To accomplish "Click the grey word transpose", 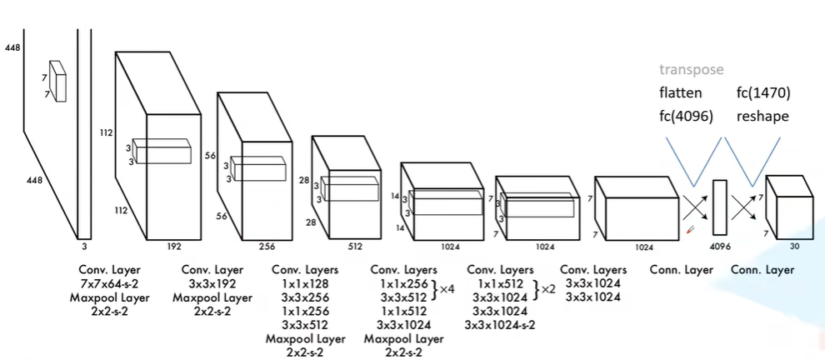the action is pyautogui.click(x=692, y=69).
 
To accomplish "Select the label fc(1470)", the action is pyautogui.click(x=762, y=93).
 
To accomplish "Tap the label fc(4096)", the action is pyautogui.click(x=686, y=117).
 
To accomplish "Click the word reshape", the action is pyautogui.click(x=762, y=117).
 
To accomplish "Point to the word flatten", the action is pyautogui.click(x=680, y=93).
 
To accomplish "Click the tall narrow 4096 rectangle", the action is pyautogui.click(x=720, y=207).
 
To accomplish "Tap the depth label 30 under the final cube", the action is pyautogui.click(x=794, y=245).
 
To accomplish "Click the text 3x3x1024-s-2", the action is pyautogui.click(x=500, y=325).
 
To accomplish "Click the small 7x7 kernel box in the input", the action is pyautogui.click(x=57, y=81).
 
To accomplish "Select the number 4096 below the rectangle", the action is pyautogui.click(x=720, y=246).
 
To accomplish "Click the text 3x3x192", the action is pyautogui.click(x=212, y=284).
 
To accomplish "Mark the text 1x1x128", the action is pyautogui.click(x=305, y=284).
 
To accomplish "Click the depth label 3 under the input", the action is pyautogui.click(x=84, y=245).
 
